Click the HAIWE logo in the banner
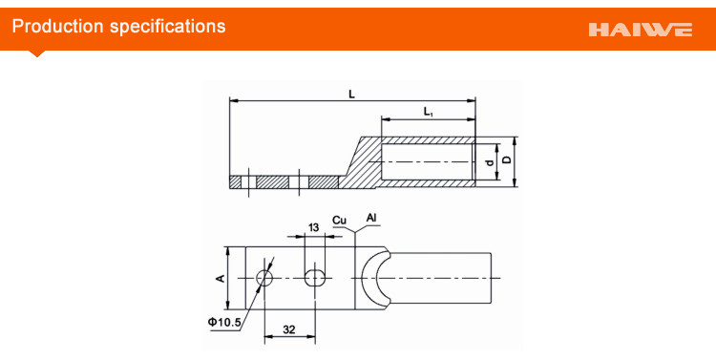pos(641,30)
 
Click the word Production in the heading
pos(57,26)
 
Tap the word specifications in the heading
pos(168,27)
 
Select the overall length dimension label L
pos(351,95)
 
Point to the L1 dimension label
pos(428,112)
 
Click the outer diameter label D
pos(506,159)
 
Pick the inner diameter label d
pos(490,162)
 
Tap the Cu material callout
pos(339,221)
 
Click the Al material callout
pos(371,218)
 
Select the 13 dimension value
pos(314,227)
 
